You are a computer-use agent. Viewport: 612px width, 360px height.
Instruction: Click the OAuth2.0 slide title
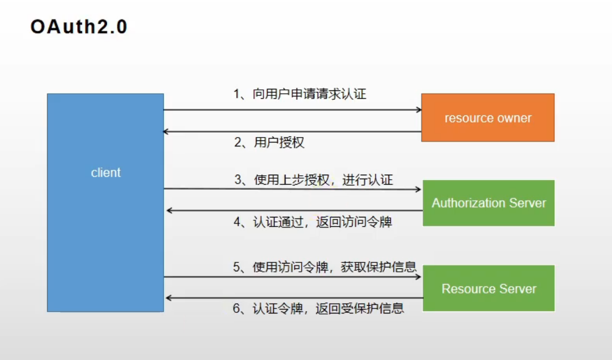pyautogui.click(x=79, y=27)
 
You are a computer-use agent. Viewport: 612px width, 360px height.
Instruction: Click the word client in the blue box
pyautogui.click(x=105, y=173)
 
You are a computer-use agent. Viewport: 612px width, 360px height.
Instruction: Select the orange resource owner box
pyautogui.click(x=488, y=118)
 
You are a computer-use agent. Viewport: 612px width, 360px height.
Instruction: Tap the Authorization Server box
pyautogui.click(x=488, y=203)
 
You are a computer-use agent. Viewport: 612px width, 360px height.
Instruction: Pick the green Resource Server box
pyautogui.click(x=488, y=289)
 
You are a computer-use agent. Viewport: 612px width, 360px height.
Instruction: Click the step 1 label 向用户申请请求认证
pyautogui.click(x=300, y=94)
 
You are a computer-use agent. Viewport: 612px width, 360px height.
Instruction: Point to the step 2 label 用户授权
pyautogui.click(x=269, y=143)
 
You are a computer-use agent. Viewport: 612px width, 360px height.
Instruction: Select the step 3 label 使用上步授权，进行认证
pyautogui.click(x=313, y=180)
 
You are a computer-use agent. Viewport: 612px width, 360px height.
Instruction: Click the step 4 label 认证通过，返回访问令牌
pyautogui.click(x=313, y=222)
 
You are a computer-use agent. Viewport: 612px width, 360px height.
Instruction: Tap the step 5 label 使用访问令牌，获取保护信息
pyautogui.click(x=325, y=267)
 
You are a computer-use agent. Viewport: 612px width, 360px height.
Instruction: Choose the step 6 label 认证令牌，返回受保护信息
pyautogui.click(x=319, y=308)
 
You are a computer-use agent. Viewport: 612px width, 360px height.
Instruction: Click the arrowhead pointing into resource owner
pyautogui.click(x=419, y=110)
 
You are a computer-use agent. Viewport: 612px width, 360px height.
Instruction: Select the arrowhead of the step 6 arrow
pyautogui.click(x=169, y=298)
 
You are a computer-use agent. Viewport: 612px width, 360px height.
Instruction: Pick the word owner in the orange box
pyautogui.click(x=513, y=118)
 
